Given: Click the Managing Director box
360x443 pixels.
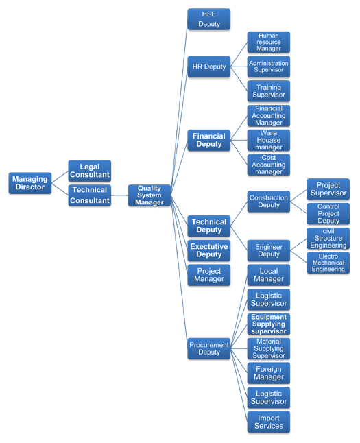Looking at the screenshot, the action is point(30,183).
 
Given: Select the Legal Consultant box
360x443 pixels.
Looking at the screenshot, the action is point(90,171).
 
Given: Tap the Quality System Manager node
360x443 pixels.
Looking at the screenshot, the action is point(149,195).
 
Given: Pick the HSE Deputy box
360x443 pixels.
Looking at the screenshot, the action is point(209,19).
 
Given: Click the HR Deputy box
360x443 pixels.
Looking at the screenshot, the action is point(209,67).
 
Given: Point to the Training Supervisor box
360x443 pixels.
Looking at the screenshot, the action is point(268,91).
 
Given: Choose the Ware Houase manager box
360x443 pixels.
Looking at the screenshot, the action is point(268,140).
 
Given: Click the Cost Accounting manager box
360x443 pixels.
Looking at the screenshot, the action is point(268,165).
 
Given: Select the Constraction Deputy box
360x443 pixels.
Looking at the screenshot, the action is point(268,202).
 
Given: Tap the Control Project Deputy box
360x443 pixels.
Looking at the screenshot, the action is point(328,213).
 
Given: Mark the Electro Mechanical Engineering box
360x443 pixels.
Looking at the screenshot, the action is point(328,263).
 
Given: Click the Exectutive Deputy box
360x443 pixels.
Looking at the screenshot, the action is point(209,250).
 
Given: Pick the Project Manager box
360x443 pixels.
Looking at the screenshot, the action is point(209,275).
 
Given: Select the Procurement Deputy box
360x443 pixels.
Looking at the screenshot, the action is point(209,348).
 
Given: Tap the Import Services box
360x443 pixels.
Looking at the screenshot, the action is point(268,422).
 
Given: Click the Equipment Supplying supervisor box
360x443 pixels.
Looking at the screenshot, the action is point(268,324).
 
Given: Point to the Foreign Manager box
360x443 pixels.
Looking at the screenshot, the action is point(268,373).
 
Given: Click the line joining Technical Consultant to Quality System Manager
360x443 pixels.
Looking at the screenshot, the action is point(119,195).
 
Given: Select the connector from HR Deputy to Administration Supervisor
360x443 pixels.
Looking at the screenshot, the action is point(239,67).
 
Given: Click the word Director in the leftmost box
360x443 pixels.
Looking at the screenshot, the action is point(30,187).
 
